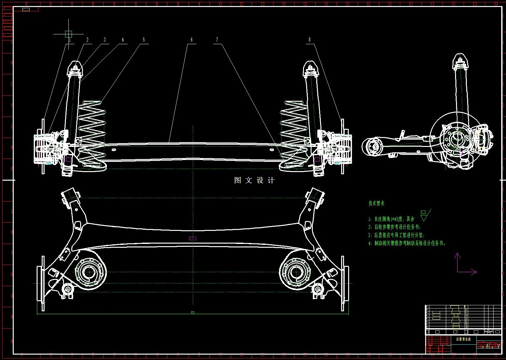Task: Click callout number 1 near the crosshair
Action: click(70, 40)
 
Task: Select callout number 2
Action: click(88, 40)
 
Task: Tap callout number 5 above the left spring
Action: click(144, 40)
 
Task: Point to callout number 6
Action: click(192, 40)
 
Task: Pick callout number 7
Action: click(217, 40)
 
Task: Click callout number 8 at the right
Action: click(309, 40)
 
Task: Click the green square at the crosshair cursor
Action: click(68, 34)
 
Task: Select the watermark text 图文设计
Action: click(254, 180)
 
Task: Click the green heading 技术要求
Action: click(376, 203)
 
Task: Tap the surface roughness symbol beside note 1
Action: click(425, 215)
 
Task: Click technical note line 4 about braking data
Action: click(407, 243)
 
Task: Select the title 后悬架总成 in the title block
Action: click(463, 339)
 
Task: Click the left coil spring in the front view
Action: click(91, 134)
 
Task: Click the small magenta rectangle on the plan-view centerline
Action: click(193, 238)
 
